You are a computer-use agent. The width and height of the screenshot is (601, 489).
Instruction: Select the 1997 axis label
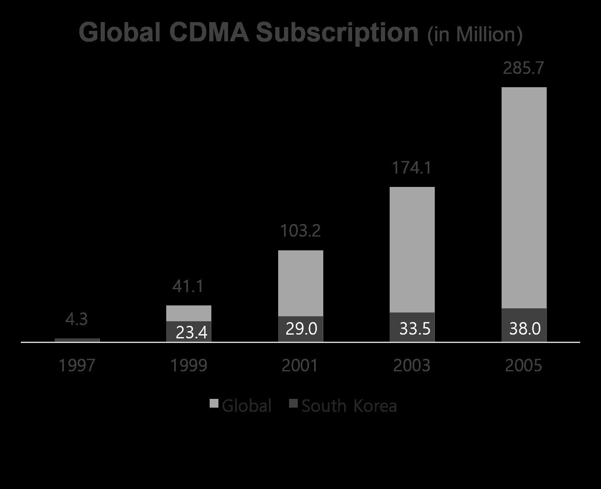pyautogui.click(x=77, y=365)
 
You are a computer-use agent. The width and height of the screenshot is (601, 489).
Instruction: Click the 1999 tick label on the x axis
pyautogui.click(x=189, y=365)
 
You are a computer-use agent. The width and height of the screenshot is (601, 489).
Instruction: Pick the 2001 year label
pyautogui.click(x=300, y=365)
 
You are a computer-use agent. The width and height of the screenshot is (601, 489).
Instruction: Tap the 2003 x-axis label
pyautogui.click(x=412, y=365)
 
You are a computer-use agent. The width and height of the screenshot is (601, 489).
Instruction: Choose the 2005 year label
pyautogui.click(x=524, y=365)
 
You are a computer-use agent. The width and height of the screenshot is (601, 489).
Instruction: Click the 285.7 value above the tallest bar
pyautogui.click(x=524, y=68)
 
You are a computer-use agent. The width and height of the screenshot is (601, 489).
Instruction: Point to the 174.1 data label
pyautogui.click(x=412, y=168)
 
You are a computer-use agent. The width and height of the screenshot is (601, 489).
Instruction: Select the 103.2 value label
pyautogui.click(x=300, y=231)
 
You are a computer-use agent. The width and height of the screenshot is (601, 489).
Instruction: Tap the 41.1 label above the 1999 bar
pyautogui.click(x=188, y=286)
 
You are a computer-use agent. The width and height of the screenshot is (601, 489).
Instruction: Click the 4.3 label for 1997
pyautogui.click(x=77, y=319)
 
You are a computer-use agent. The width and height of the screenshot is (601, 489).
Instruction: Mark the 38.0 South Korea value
pyautogui.click(x=525, y=329)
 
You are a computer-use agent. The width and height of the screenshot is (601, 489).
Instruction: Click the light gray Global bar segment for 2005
pyautogui.click(x=524, y=196)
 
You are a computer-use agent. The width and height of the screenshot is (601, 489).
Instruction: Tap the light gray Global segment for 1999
pyautogui.click(x=189, y=313)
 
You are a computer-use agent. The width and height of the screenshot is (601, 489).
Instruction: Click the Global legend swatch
pyautogui.click(x=214, y=403)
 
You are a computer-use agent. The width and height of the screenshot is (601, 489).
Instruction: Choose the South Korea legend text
pyautogui.click(x=349, y=406)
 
